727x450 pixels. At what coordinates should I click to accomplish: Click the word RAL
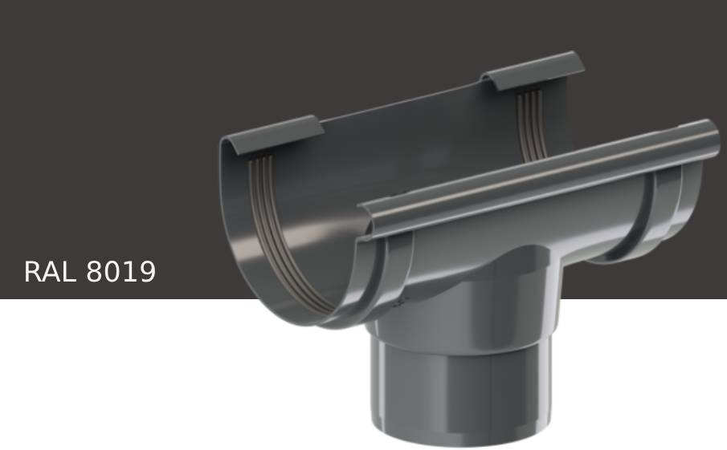51,272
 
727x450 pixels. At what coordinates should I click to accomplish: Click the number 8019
120,272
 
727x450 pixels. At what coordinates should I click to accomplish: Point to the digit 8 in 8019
95,272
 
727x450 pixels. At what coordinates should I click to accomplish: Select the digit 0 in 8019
112,272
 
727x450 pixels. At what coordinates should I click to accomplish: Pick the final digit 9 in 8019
147,272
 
